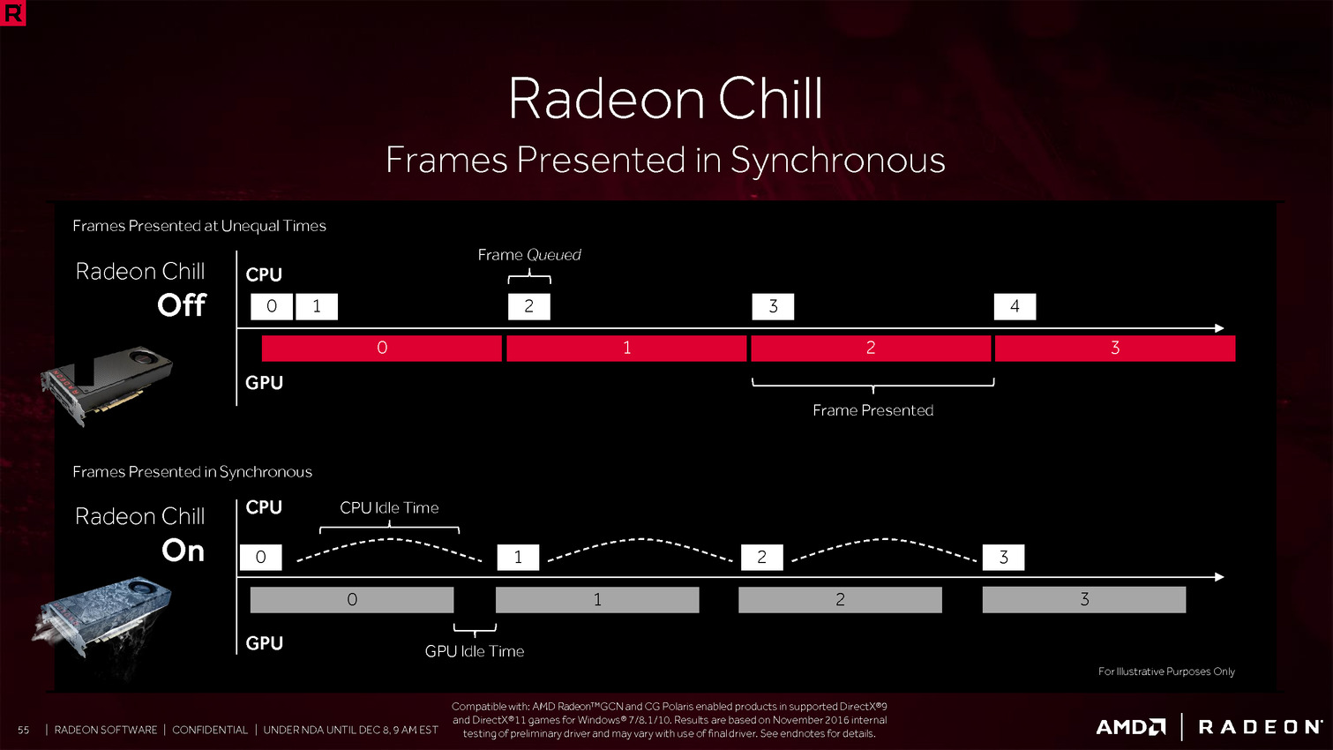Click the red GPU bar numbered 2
871,349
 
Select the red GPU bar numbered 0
382,349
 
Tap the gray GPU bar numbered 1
597,600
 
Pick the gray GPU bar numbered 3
1084,600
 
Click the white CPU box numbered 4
1015,306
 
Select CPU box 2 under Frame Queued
529,306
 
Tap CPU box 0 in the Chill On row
260,558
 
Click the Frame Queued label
529,255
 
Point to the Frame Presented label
873,410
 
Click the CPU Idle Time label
389,507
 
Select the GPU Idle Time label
475,651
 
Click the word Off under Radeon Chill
182,305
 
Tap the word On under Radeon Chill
183,551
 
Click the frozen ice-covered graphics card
102,619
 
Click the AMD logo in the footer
1131,727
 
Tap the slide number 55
23,730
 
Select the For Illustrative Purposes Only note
1166,671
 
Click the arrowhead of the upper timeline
1219,328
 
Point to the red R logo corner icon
12,12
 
